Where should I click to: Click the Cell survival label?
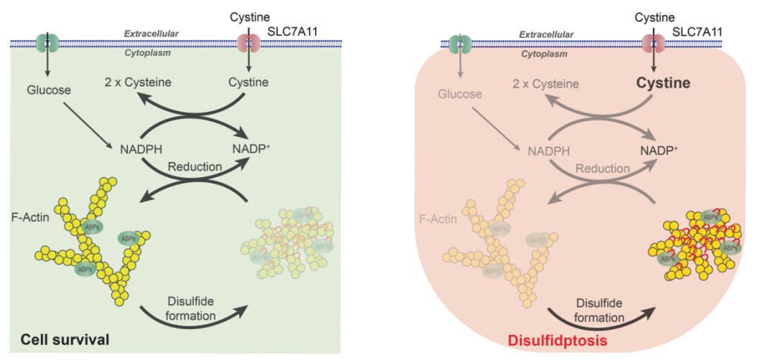[65, 338]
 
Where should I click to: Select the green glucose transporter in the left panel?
[47, 43]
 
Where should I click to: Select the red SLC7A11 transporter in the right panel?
[653, 43]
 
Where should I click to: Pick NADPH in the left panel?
[131, 149]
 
